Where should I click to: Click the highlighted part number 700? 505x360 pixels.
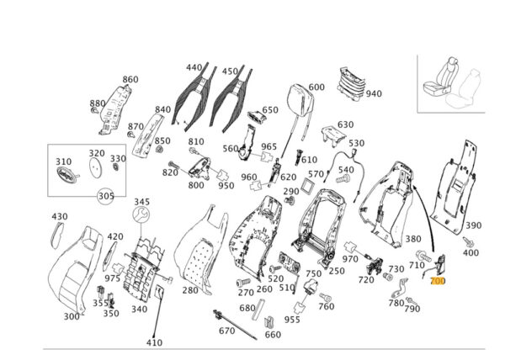coord(438,281)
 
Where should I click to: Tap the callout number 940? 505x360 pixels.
coord(374,93)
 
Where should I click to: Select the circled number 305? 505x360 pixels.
coord(105,196)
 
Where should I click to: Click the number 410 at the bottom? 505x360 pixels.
coord(154,342)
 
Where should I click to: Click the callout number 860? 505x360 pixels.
coord(130,80)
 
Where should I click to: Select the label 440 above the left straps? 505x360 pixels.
coord(194,67)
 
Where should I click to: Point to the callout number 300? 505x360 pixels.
coord(72,316)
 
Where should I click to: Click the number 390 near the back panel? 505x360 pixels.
coord(474,225)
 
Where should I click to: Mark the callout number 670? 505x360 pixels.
coord(226,331)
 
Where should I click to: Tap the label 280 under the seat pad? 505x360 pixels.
coord(189,290)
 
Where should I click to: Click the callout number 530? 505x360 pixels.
coord(356,144)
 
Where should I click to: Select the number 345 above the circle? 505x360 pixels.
coord(141,202)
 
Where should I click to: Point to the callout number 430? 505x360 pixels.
coord(59,217)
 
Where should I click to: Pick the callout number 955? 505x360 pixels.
coord(292,320)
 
